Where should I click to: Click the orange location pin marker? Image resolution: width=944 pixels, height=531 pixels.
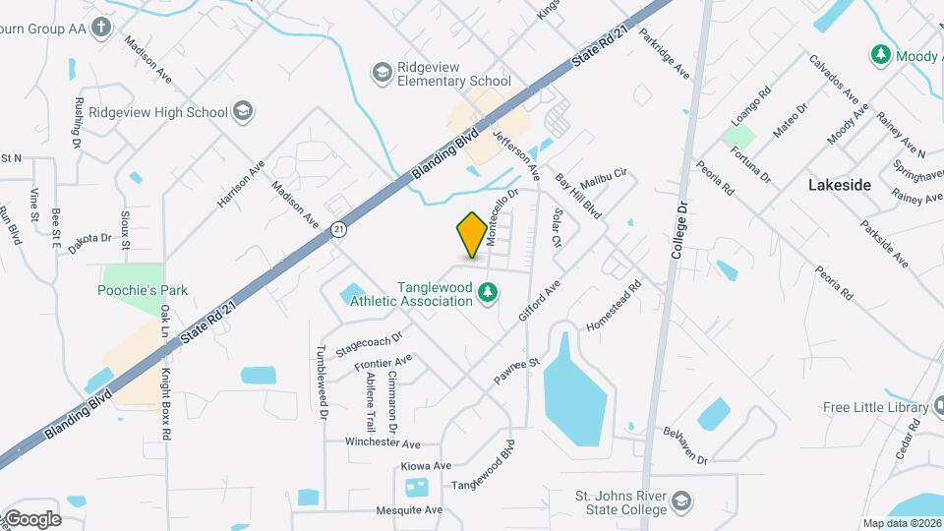click(472, 235)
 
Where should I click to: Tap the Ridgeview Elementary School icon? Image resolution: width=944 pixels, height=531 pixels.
click(382, 72)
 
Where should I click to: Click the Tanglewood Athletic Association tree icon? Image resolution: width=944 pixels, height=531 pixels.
click(486, 293)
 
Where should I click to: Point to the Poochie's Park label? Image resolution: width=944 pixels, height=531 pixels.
click(143, 290)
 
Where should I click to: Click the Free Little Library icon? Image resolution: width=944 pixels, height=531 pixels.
click(917, 407)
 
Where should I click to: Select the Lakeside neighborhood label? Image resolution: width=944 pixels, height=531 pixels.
click(839, 184)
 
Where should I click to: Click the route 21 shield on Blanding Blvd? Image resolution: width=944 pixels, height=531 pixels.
click(339, 229)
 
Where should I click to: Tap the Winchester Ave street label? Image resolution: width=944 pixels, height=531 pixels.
click(383, 443)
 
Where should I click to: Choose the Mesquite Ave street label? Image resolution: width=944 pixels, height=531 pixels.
click(409, 510)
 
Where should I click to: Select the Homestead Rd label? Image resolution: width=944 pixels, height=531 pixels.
click(614, 305)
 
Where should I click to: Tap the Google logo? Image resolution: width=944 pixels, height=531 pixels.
click(31, 519)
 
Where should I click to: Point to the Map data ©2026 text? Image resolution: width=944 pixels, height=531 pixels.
click(902, 523)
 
